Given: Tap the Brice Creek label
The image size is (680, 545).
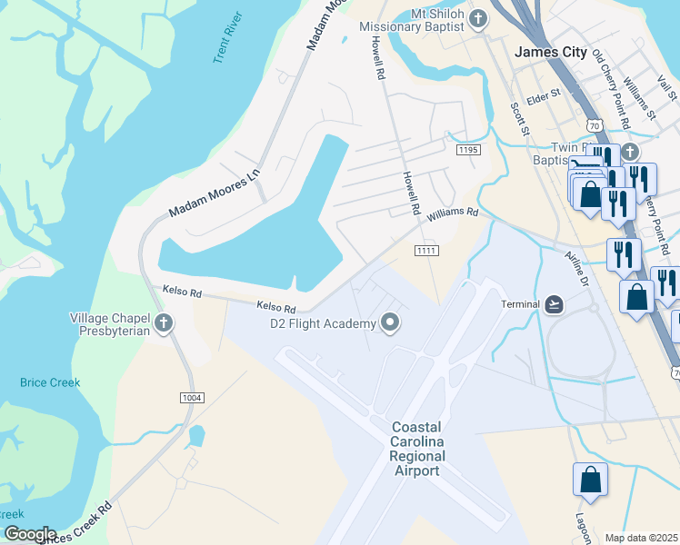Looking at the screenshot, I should coord(50,382).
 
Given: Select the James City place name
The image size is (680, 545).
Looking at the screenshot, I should coord(551,52).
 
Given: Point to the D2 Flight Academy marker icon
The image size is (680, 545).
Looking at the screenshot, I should coord(391,323).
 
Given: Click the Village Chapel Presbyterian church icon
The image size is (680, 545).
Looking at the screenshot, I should coord(163,324).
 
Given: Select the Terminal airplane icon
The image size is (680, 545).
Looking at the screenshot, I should coord(555,304).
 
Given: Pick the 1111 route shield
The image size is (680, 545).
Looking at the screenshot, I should coord(427,250).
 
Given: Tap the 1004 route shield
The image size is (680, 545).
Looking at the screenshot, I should coord(192,398).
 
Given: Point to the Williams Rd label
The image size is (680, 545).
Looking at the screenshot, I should coord(453,213).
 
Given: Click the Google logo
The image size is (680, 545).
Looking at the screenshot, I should coord(29,534).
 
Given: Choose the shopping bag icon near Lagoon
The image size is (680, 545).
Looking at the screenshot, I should coord(589,481).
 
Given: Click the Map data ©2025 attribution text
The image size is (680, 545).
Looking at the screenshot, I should coord(641,538).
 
